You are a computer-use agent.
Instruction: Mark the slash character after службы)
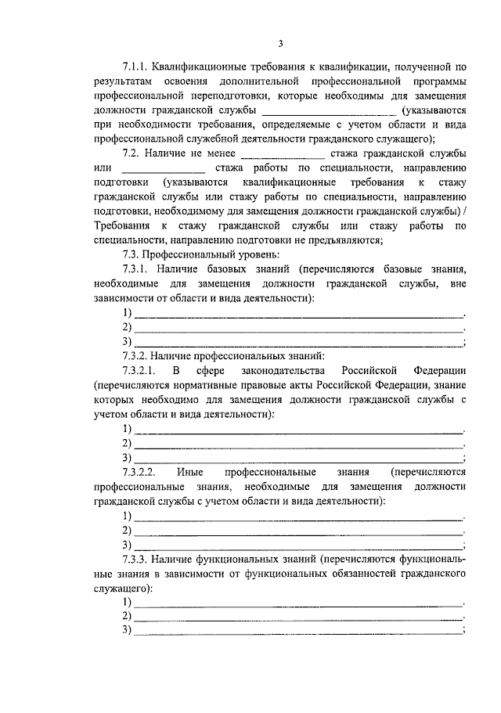click(x=466, y=209)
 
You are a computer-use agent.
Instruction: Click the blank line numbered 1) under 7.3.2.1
click(x=297, y=431)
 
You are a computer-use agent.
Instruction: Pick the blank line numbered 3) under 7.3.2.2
click(x=297, y=546)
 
